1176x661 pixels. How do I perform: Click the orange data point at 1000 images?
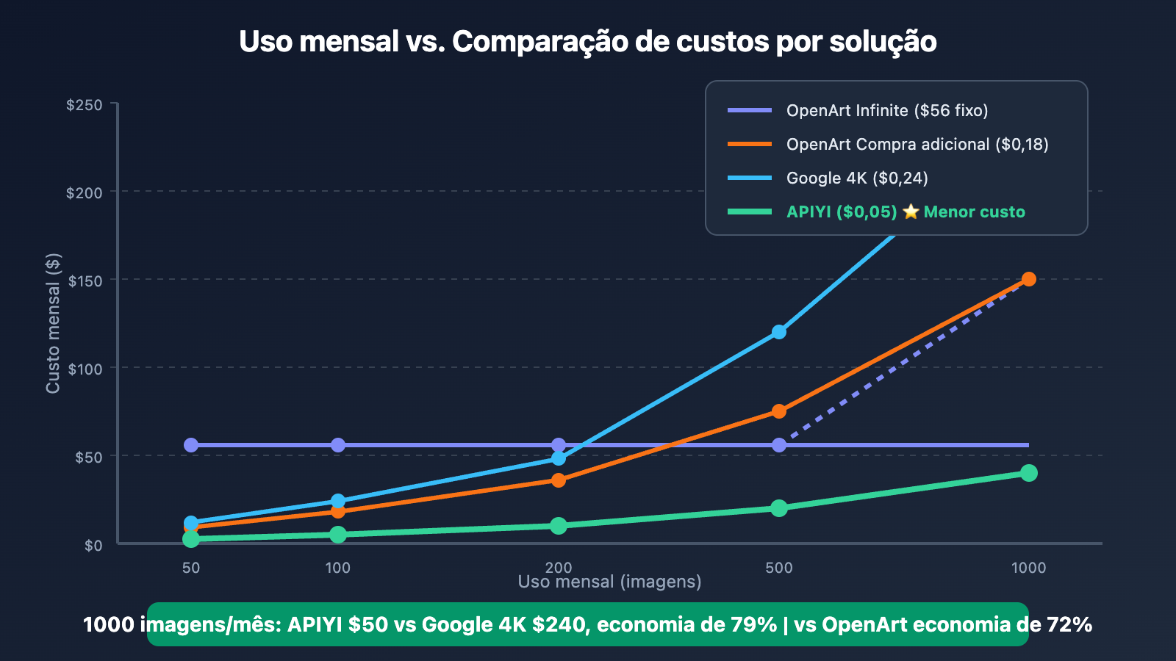coord(1029,279)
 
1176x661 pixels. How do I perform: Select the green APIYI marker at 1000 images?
coord(1029,473)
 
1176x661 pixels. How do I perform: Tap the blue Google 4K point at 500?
coord(779,332)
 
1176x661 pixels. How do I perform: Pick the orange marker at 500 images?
coord(779,411)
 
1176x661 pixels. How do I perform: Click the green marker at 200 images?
coord(559,526)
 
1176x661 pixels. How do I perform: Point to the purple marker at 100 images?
coord(338,445)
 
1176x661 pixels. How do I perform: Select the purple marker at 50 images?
coord(191,445)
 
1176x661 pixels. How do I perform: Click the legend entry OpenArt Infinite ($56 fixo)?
coord(886,110)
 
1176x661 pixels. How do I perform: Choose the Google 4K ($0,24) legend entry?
coord(856,178)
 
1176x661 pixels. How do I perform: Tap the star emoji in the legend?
coord(911,212)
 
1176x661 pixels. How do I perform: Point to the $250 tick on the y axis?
coord(85,105)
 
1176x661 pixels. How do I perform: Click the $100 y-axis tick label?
coord(85,369)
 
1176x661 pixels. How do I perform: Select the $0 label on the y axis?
coord(93,546)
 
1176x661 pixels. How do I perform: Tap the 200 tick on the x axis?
coord(559,568)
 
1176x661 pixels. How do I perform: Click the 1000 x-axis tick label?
coord(1028,568)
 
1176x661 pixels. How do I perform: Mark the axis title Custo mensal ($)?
coord(53,323)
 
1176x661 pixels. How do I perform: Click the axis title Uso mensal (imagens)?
coord(609,582)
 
